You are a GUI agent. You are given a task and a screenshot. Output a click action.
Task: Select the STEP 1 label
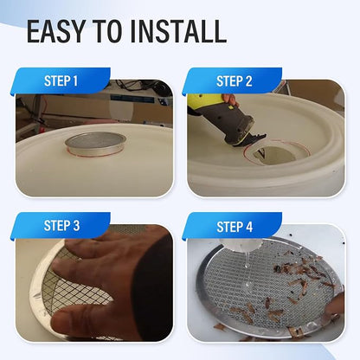click(x=61, y=81)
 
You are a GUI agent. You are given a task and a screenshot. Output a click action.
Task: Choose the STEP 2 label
click(x=235, y=81)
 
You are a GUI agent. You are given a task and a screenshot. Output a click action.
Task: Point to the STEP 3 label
click(x=61, y=226)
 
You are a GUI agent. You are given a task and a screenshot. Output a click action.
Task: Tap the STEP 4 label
click(x=235, y=227)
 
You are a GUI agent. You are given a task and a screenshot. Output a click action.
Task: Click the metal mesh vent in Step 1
click(x=95, y=144)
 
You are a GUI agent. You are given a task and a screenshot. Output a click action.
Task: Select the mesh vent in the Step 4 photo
click(x=270, y=288)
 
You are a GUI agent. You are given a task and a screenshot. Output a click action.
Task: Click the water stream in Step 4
click(x=247, y=260)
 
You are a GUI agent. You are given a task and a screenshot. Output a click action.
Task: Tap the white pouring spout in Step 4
click(x=240, y=245)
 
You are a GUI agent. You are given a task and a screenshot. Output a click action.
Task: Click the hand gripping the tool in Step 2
click(x=231, y=100)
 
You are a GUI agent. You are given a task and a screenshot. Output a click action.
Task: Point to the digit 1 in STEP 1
click(x=75, y=81)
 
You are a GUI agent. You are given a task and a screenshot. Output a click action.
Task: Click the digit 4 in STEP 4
click(x=249, y=227)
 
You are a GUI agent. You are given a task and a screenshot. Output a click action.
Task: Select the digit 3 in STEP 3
click(x=76, y=226)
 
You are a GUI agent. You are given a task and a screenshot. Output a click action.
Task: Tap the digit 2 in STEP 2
click(x=248, y=81)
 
